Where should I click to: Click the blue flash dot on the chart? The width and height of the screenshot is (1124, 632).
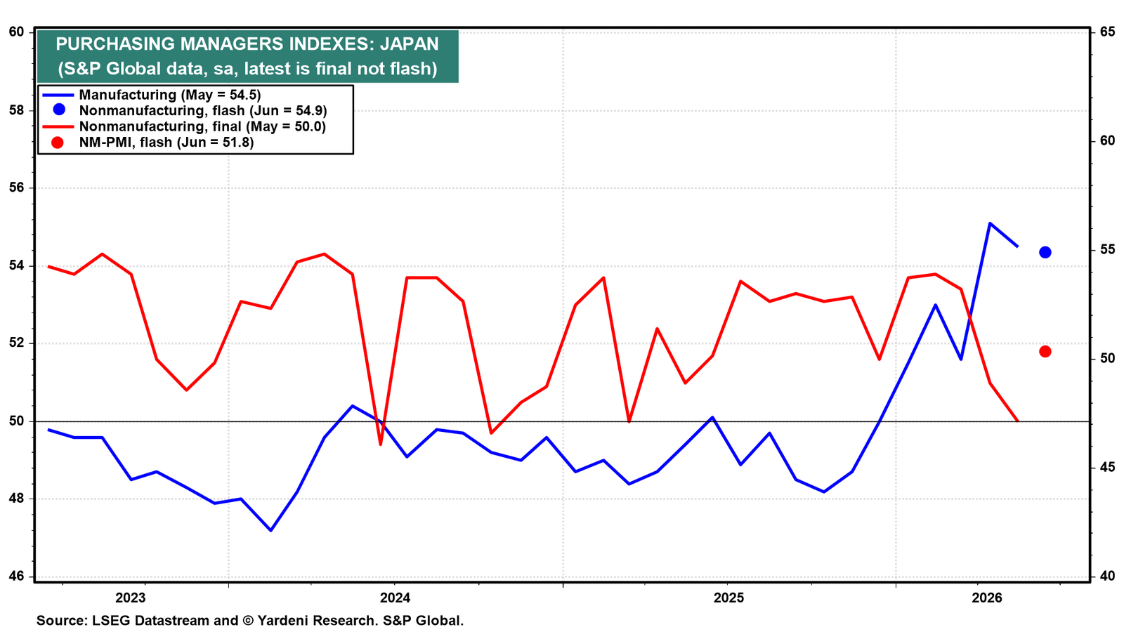pos(1045,252)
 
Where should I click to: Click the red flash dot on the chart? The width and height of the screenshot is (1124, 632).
pos(1045,352)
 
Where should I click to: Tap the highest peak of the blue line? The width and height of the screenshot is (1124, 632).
pos(990,223)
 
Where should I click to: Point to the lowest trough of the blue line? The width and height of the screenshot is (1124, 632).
pos(271,530)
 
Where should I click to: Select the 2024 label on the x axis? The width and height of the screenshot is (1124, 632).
pos(395,598)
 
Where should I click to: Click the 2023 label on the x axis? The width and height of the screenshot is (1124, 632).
pos(130,598)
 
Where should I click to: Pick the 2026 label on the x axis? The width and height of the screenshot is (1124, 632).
pos(986,598)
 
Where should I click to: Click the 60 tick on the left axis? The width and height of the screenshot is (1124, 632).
pos(17,32)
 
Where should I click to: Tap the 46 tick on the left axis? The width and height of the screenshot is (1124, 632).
pos(17,577)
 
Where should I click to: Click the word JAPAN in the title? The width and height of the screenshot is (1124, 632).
pos(409,44)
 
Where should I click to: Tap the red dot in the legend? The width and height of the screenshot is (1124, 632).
pos(58,143)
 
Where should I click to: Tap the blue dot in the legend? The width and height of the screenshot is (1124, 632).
pos(59,110)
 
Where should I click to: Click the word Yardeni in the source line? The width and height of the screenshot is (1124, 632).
pos(282,621)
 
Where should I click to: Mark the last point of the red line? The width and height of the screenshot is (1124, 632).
pos(1018,421)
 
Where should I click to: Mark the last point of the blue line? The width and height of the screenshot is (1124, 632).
pos(1018,246)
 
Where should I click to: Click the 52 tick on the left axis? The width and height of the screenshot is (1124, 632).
pos(17,343)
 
